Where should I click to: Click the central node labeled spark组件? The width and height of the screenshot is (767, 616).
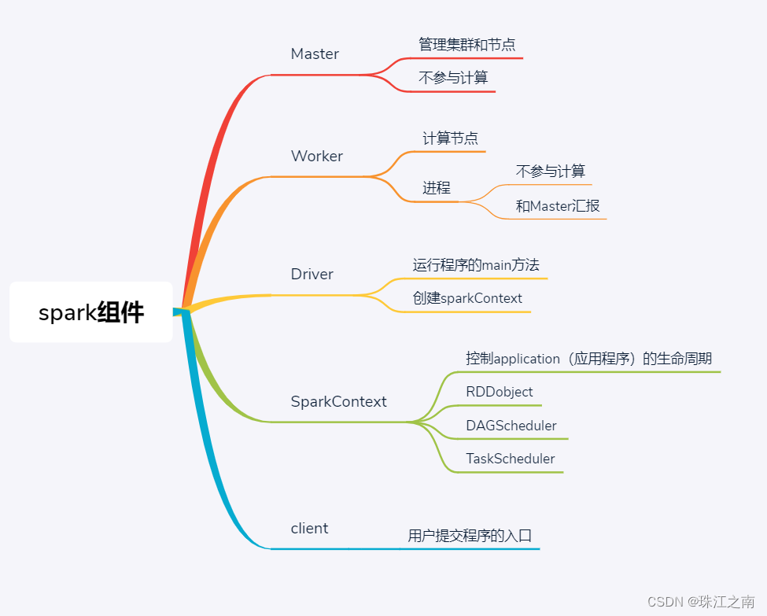(91, 312)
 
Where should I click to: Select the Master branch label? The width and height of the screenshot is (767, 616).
(315, 54)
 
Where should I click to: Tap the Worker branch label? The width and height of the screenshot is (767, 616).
(317, 157)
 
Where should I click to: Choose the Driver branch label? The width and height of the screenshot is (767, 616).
(312, 275)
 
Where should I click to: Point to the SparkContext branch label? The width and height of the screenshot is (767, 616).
(339, 402)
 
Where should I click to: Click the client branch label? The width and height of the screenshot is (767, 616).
(309, 529)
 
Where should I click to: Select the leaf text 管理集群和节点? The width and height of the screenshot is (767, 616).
(466, 45)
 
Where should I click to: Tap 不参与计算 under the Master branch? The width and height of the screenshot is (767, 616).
(453, 78)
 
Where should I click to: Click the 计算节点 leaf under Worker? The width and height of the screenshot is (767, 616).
(450, 139)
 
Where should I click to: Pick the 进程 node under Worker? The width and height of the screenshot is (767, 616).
(437, 188)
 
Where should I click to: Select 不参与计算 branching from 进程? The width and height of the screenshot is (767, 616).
(551, 172)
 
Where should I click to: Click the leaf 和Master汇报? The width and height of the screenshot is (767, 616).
(558, 206)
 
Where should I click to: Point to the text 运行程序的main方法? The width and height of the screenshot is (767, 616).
(476, 265)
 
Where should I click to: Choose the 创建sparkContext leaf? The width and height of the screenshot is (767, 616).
(467, 299)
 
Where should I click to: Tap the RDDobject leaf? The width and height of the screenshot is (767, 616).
(499, 392)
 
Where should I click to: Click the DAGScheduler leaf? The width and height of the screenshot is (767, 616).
(511, 426)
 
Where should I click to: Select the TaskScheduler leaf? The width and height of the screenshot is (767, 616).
(510, 459)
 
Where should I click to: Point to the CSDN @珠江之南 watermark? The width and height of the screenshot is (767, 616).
(701, 601)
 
